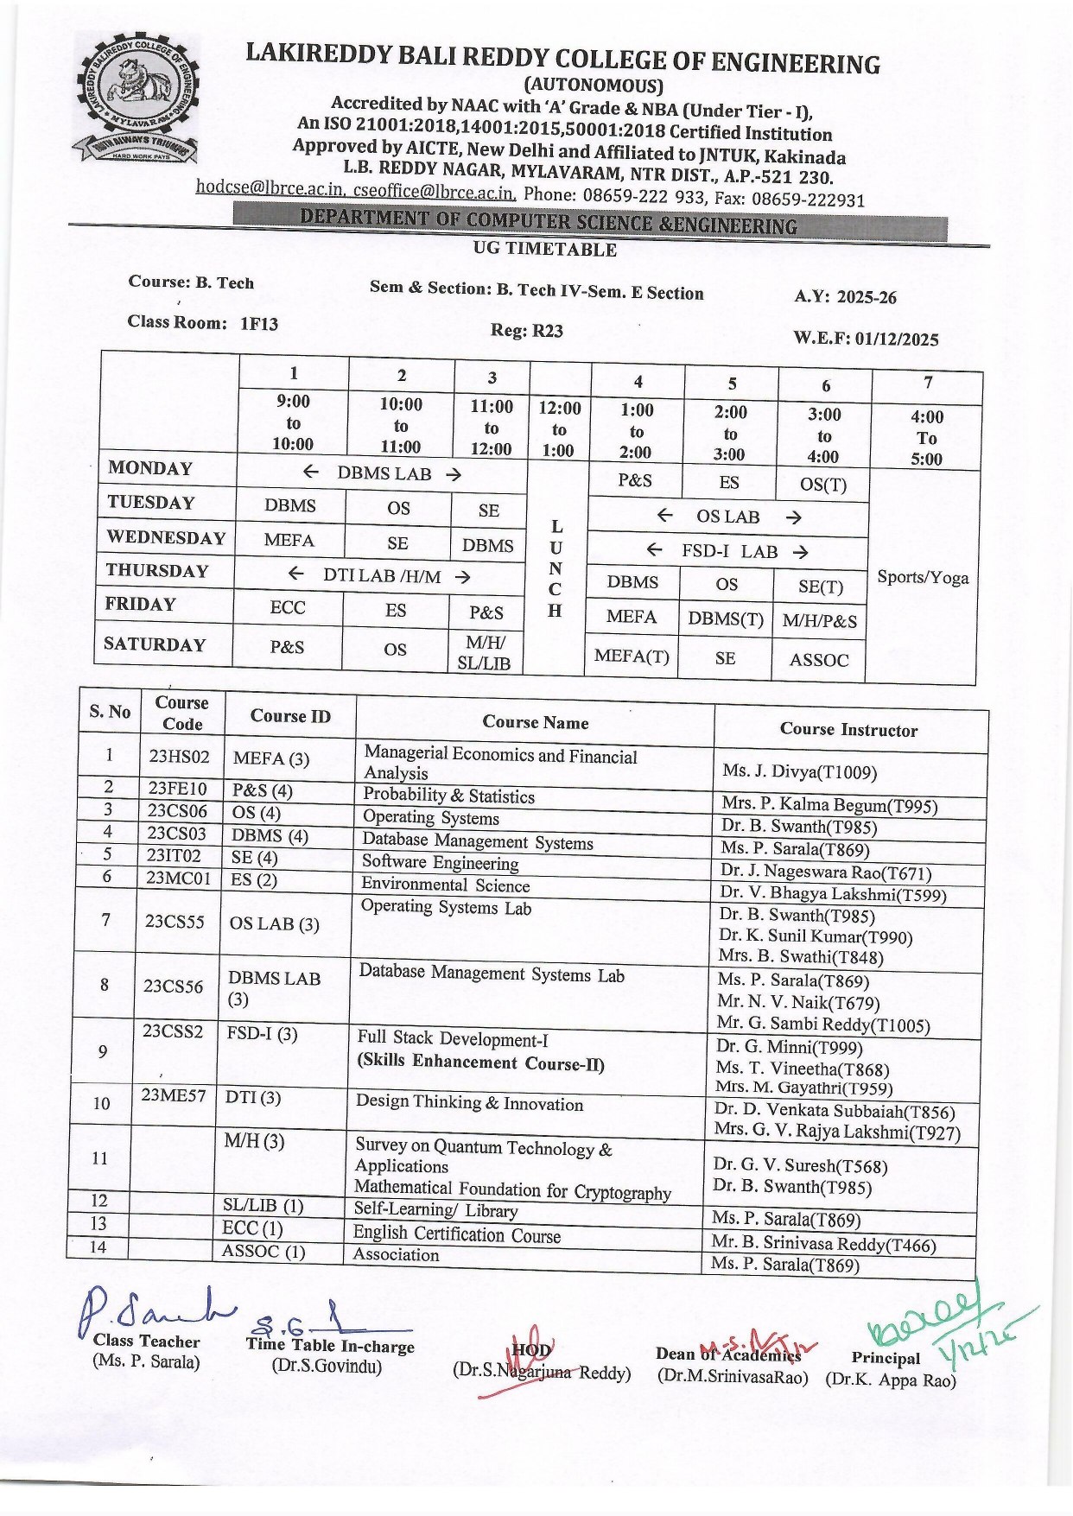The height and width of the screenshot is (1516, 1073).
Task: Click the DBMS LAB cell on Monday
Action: [383, 473]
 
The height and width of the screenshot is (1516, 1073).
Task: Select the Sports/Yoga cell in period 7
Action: [923, 577]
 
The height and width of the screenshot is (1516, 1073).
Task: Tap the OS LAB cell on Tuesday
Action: [728, 517]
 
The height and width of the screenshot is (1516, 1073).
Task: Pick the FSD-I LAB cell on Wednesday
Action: [728, 551]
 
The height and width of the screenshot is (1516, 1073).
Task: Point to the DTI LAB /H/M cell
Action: [381, 575]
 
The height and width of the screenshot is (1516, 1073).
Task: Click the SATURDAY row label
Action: [156, 644]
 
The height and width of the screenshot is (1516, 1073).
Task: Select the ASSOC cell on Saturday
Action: [819, 660]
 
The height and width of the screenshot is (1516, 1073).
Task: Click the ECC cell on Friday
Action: [288, 607]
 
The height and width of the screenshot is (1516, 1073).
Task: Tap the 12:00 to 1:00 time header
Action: [559, 428]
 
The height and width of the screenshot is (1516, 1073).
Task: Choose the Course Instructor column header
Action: [848, 730]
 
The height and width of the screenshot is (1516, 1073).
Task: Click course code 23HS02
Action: [179, 757]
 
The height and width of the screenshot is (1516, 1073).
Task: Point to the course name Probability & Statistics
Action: [448, 796]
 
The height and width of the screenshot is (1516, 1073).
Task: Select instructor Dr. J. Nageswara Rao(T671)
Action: [826, 872]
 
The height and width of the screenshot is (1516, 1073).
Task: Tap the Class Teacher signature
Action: [151, 1313]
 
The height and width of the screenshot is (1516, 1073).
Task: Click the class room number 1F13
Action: [259, 324]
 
